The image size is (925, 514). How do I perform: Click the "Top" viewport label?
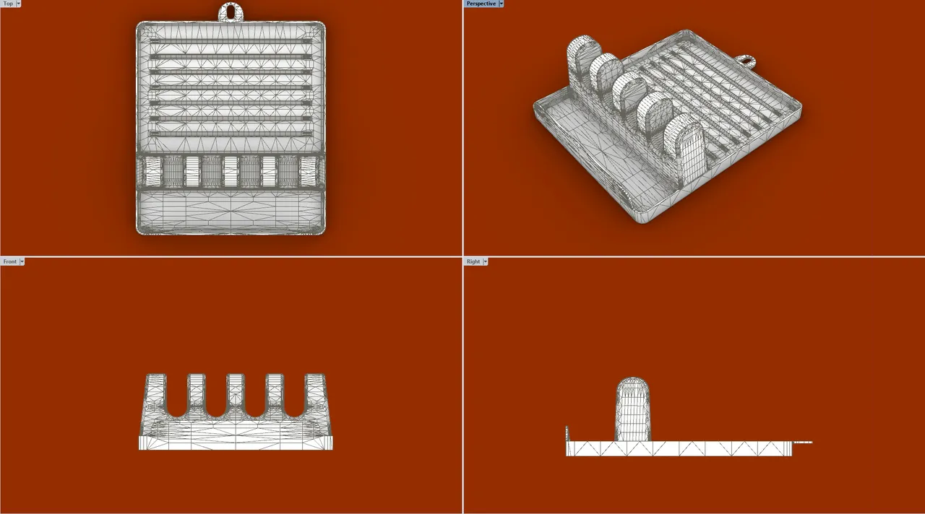pos(8,4)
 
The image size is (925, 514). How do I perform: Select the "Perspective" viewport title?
pos(481,4)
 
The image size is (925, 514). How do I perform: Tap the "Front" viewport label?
pos(9,261)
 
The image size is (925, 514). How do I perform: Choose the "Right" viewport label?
pos(473,261)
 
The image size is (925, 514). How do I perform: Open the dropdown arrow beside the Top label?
pos(18,4)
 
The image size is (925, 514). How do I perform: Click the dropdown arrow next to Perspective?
pos(501,4)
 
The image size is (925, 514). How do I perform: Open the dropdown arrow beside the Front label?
pos(22,261)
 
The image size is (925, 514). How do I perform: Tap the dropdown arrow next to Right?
pos(485,261)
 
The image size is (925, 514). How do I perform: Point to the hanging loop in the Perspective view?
pos(747,61)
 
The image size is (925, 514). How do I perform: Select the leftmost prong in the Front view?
pos(155,393)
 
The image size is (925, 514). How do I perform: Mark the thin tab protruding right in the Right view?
pos(803,443)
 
